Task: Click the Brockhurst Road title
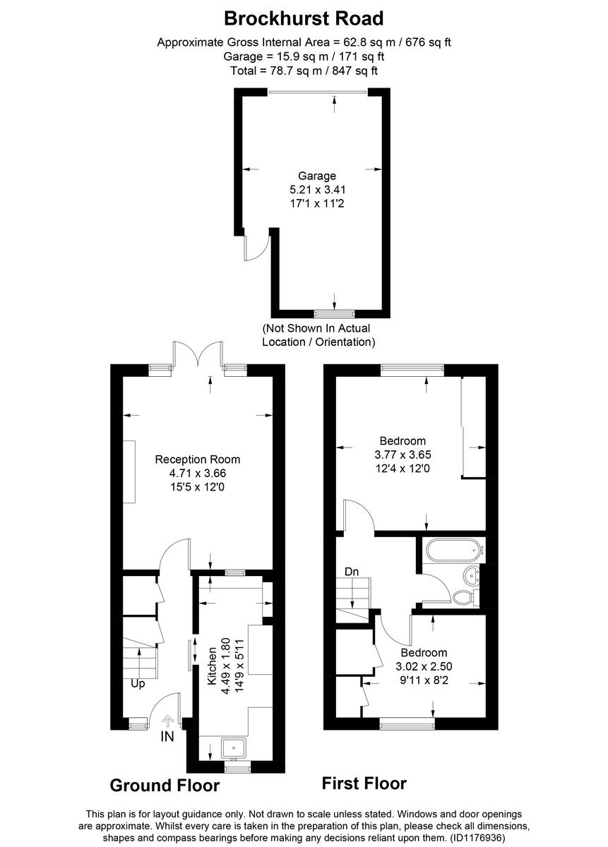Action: (x=304, y=18)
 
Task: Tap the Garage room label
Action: (x=316, y=176)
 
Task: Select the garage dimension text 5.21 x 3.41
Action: (x=316, y=189)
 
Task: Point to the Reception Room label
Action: (x=197, y=459)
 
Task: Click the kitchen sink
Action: (x=233, y=747)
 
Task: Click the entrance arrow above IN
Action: (x=167, y=721)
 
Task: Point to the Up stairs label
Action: (x=138, y=683)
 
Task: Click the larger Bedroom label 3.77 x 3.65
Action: (x=401, y=442)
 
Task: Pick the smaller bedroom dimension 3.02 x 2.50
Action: (x=424, y=666)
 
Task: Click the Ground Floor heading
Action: (x=165, y=786)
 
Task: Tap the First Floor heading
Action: (x=364, y=783)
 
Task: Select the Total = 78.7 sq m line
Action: (x=304, y=71)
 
